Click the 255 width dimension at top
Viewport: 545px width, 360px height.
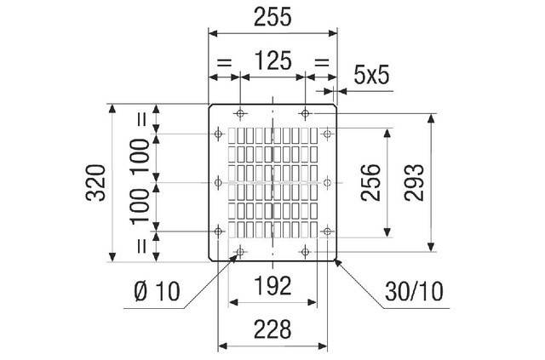pos(272,17)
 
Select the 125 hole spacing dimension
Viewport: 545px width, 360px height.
pos(272,60)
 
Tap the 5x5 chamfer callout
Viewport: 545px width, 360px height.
pos(371,75)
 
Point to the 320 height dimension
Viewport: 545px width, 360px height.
pos(95,183)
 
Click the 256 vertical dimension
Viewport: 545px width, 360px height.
pos(370,183)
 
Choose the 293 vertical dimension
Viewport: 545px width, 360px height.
pos(414,183)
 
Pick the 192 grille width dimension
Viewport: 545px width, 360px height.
pos(272,286)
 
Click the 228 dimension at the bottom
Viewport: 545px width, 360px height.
pos(272,329)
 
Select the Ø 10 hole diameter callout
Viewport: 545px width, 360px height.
pos(157,291)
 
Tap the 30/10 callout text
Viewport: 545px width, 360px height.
pos(414,291)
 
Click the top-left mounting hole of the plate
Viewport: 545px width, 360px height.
pos(240,113)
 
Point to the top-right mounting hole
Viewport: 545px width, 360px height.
pos(305,113)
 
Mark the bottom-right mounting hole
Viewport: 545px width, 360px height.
pos(305,251)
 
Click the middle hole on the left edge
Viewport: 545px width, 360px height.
pos(218,182)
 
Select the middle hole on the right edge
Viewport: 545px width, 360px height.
pos(327,182)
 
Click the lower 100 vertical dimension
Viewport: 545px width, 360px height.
pos(140,205)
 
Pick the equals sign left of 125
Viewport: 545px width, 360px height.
pos(224,63)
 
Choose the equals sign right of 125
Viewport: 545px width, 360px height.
pos(322,63)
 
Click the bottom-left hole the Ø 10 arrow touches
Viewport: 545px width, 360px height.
pos(240,251)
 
